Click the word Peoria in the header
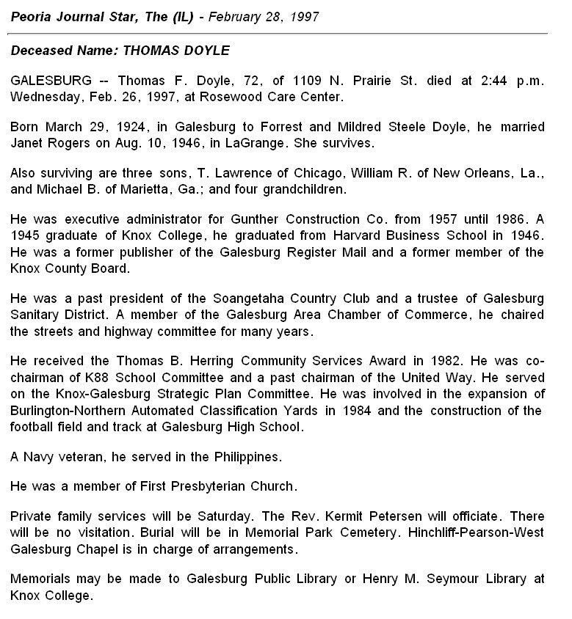pyautogui.click(x=32, y=16)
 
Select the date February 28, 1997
pyautogui.click(x=264, y=16)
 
